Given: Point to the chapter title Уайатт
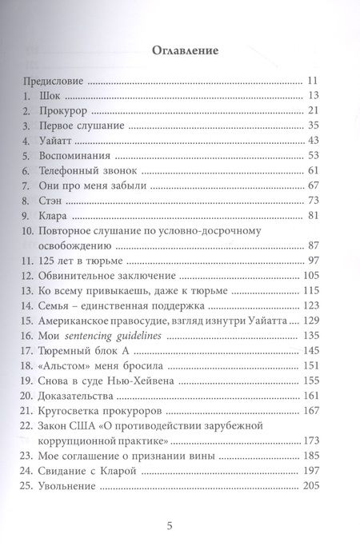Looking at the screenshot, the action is tap(58, 140).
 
